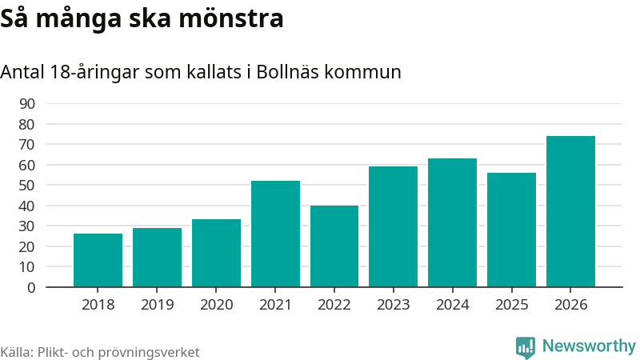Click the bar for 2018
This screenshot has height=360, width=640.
[98, 260]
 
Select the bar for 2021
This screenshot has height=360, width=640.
[275, 234]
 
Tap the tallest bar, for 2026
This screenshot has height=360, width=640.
[570, 211]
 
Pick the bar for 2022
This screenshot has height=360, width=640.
[334, 246]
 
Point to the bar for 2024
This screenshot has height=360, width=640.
[452, 222]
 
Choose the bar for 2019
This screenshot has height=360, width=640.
[157, 257]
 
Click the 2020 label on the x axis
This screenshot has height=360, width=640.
[216, 305]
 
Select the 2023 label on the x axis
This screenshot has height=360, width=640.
[394, 305]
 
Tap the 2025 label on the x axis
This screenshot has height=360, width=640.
[511, 305]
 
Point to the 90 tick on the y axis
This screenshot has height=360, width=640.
[27, 104]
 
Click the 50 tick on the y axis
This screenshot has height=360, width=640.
[27, 186]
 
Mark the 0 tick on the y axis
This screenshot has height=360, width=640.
[31, 287]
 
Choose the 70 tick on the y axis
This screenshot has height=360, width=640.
[27, 145]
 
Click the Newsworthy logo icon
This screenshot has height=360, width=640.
[526, 346]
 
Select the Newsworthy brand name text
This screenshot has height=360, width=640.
[589, 346]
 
